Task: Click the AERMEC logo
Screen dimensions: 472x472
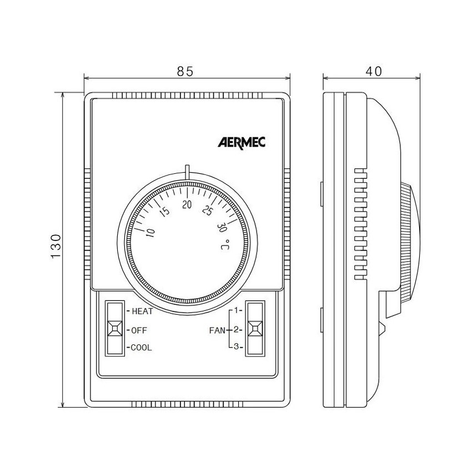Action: (242, 142)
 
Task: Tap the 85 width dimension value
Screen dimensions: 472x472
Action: (185, 71)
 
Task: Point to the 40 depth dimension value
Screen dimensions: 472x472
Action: (373, 71)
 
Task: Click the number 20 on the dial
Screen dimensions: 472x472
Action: (187, 204)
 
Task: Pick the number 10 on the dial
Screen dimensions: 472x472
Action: (150, 233)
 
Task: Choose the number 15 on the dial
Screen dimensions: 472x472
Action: (165, 212)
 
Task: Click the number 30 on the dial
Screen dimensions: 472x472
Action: (222, 228)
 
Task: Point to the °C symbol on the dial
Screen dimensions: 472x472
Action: (225, 245)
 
